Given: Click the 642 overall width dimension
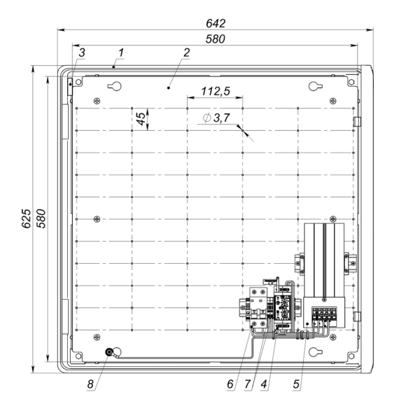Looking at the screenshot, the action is (x=216, y=24).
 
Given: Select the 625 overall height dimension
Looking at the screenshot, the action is (x=27, y=218).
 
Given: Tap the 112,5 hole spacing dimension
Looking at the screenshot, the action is (x=216, y=91).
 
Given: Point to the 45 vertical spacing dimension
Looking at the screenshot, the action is (x=141, y=119).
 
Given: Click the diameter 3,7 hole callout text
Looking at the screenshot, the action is (x=216, y=118).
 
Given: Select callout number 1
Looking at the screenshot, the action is (x=121, y=52).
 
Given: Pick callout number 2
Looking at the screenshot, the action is (x=186, y=52).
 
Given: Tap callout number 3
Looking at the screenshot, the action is (x=82, y=52).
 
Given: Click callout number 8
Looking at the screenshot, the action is (x=90, y=384).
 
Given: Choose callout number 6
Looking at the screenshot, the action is (x=230, y=384).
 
